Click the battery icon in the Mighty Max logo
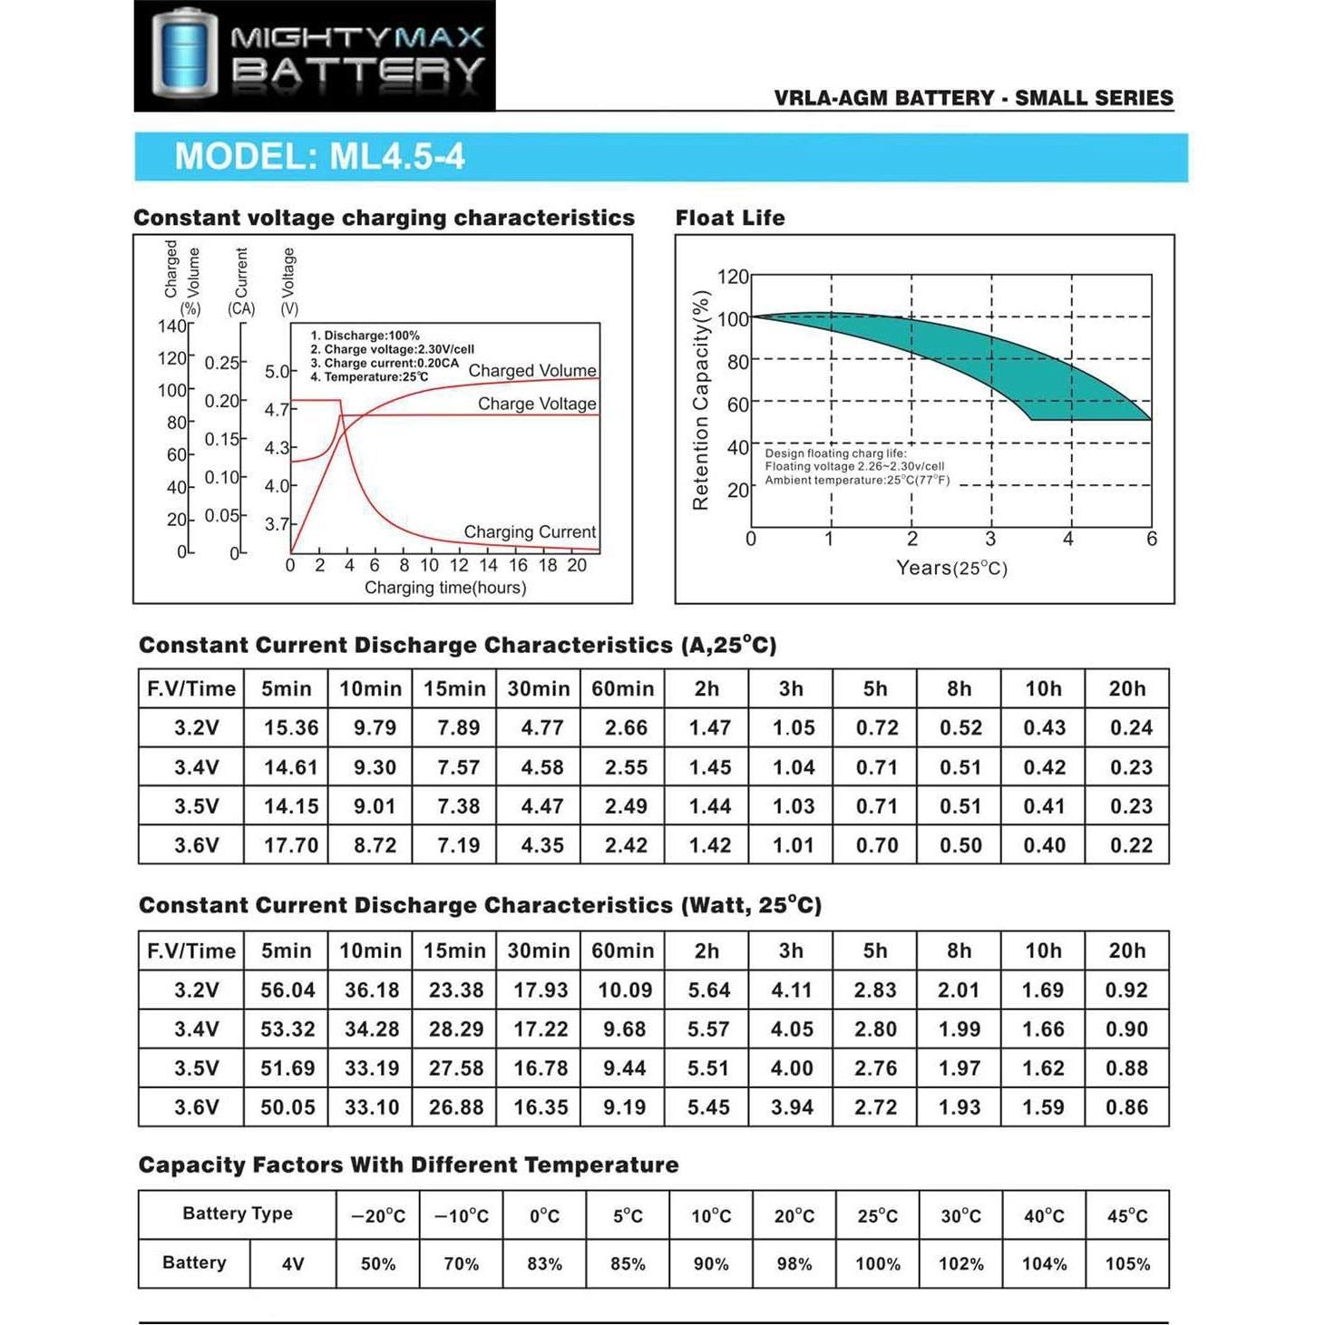(x=184, y=54)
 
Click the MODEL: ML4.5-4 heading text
(x=319, y=156)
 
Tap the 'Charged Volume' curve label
(x=532, y=370)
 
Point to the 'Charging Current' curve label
(x=530, y=531)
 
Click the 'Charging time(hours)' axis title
(x=445, y=588)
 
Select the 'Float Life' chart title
(x=730, y=218)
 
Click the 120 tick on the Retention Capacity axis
(x=733, y=277)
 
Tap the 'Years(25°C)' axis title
(x=951, y=568)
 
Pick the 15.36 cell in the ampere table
(x=291, y=727)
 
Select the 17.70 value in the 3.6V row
(x=291, y=845)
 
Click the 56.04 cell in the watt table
(x=287, y=990)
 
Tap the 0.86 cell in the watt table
(x=1126, y=1107)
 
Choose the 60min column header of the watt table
(x=623, y=950)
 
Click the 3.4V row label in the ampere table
(x=197, y=767)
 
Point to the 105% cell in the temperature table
(x=1127, y=1263)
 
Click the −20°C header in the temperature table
(x=378, y=1216)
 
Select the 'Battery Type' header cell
(x=238, y=1213)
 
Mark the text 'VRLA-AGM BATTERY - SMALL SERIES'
(x=973, y=98)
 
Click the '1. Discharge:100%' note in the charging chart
(x=365, y=336)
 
